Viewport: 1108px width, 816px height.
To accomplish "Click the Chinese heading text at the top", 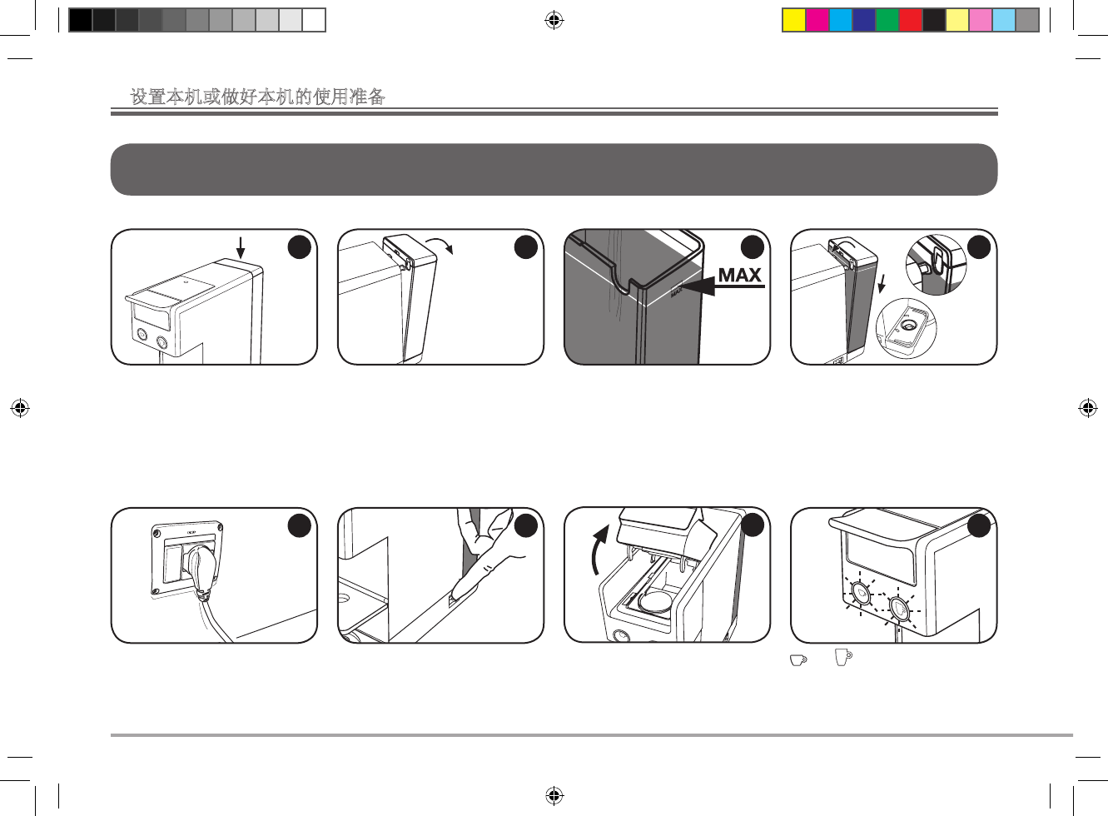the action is [258, 97].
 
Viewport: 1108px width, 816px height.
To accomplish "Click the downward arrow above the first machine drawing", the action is [240, 247].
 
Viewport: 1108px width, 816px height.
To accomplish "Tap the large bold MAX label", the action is [739, 275].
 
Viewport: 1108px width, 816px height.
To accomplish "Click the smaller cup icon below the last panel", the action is [797, 659].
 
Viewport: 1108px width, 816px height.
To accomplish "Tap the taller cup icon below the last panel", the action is [843, 658].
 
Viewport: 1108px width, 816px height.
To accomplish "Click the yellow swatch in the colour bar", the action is [794, 20].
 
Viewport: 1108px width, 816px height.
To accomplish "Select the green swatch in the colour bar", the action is [887, 20].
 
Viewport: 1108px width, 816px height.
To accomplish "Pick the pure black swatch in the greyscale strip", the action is [80, 20].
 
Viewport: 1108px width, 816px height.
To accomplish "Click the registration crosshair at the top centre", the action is [554, 20].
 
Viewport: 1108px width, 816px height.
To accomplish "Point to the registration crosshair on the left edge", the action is [20, 408].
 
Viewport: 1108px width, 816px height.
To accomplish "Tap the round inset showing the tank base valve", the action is [907, 328].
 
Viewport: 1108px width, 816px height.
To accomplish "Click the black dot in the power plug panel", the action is [300, 525].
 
